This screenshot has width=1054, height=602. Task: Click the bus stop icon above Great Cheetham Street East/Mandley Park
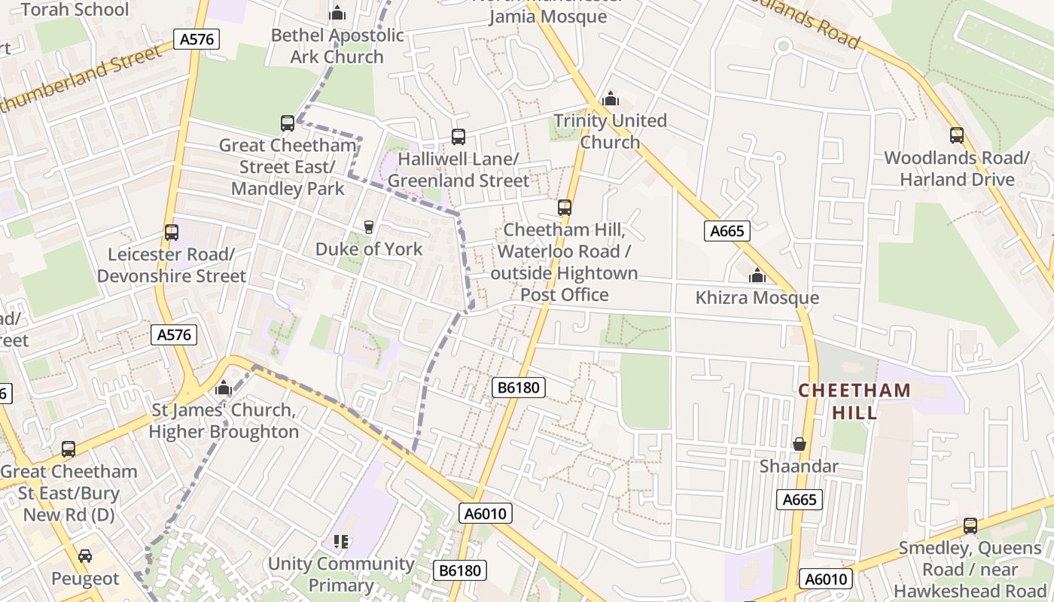coord(287,123)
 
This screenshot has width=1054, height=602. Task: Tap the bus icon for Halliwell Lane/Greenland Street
coord(458,137)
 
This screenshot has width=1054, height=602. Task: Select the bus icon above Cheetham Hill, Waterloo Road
coord(564,208)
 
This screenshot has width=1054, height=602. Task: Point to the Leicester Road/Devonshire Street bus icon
coord(172,233)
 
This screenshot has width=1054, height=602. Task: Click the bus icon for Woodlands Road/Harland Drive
coord(956,135)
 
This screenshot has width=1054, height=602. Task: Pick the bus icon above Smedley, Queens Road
coord(970,526)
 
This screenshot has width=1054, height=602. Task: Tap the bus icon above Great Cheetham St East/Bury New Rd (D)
coord(69,449)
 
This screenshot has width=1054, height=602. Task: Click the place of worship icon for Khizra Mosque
coord(757,276)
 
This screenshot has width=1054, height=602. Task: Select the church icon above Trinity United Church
coord(611,99)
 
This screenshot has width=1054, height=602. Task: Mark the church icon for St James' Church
coord(224,388)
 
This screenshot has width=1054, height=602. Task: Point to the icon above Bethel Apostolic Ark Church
coord(337,13)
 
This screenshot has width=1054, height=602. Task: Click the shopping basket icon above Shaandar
coord(799,445)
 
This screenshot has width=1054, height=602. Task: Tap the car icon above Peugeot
coord(85,556)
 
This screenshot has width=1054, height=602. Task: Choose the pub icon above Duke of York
coord(368,227)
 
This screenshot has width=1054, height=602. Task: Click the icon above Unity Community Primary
coord(341,542)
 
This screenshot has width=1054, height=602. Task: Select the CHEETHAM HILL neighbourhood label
coord(854,401)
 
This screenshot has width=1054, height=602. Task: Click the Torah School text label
coord(75,10)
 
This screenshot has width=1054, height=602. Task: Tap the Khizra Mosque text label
coord(757,298)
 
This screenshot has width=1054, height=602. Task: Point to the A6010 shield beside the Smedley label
coord(825,579)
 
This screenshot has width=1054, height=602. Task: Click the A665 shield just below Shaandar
coord(800,500)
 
